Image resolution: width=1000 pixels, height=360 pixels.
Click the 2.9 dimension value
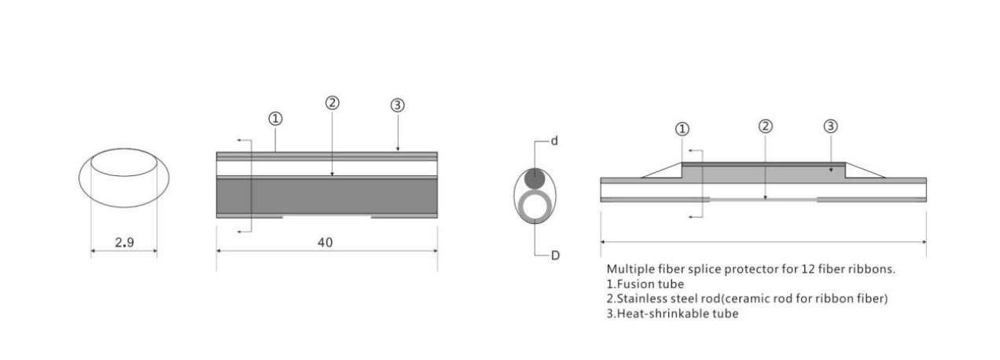click(x=124, y=242)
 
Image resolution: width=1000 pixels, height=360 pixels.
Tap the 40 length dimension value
click(x=325, y=242)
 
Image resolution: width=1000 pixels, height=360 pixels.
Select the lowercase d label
click(x=554, y=141)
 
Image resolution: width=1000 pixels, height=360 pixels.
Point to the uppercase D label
click(x=555, y=255)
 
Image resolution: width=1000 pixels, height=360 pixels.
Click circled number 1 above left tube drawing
click(x=275, y=119)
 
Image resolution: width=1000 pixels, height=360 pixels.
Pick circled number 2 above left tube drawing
click(x=332, y=103)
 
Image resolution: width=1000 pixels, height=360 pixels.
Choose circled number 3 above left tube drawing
click(x=397, y=105)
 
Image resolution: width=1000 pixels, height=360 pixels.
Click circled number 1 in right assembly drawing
click(x=682, y=130)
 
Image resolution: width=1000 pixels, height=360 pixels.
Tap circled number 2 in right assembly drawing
click(x=765, y=127)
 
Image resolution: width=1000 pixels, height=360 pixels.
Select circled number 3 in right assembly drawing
click(x=830, y=127)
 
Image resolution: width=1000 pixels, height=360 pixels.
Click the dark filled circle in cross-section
click(x=535, y=178)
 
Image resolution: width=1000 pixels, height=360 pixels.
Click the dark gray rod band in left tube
click(x=327, y=197)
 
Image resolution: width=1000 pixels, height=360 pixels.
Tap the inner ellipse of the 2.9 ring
click(x=124, y=176)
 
